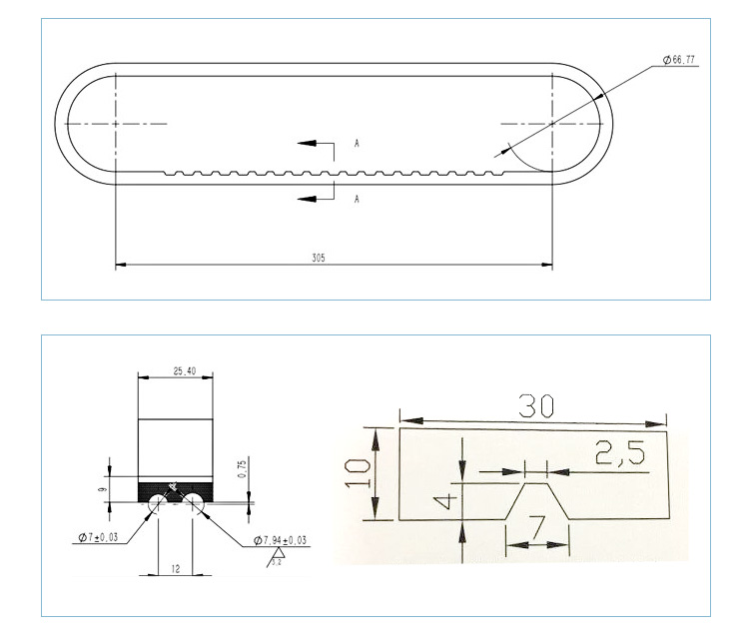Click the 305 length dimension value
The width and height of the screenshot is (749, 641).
(x=318, y=258)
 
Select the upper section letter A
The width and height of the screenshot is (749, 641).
(x=357, y=145)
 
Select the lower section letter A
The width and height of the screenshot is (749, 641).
(x=357, y=200)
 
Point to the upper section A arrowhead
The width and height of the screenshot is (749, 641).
(x=304, y=144)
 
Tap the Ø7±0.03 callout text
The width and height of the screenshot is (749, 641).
(x=97, y=538)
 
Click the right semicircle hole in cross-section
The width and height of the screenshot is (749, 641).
(x=194, y=503)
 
